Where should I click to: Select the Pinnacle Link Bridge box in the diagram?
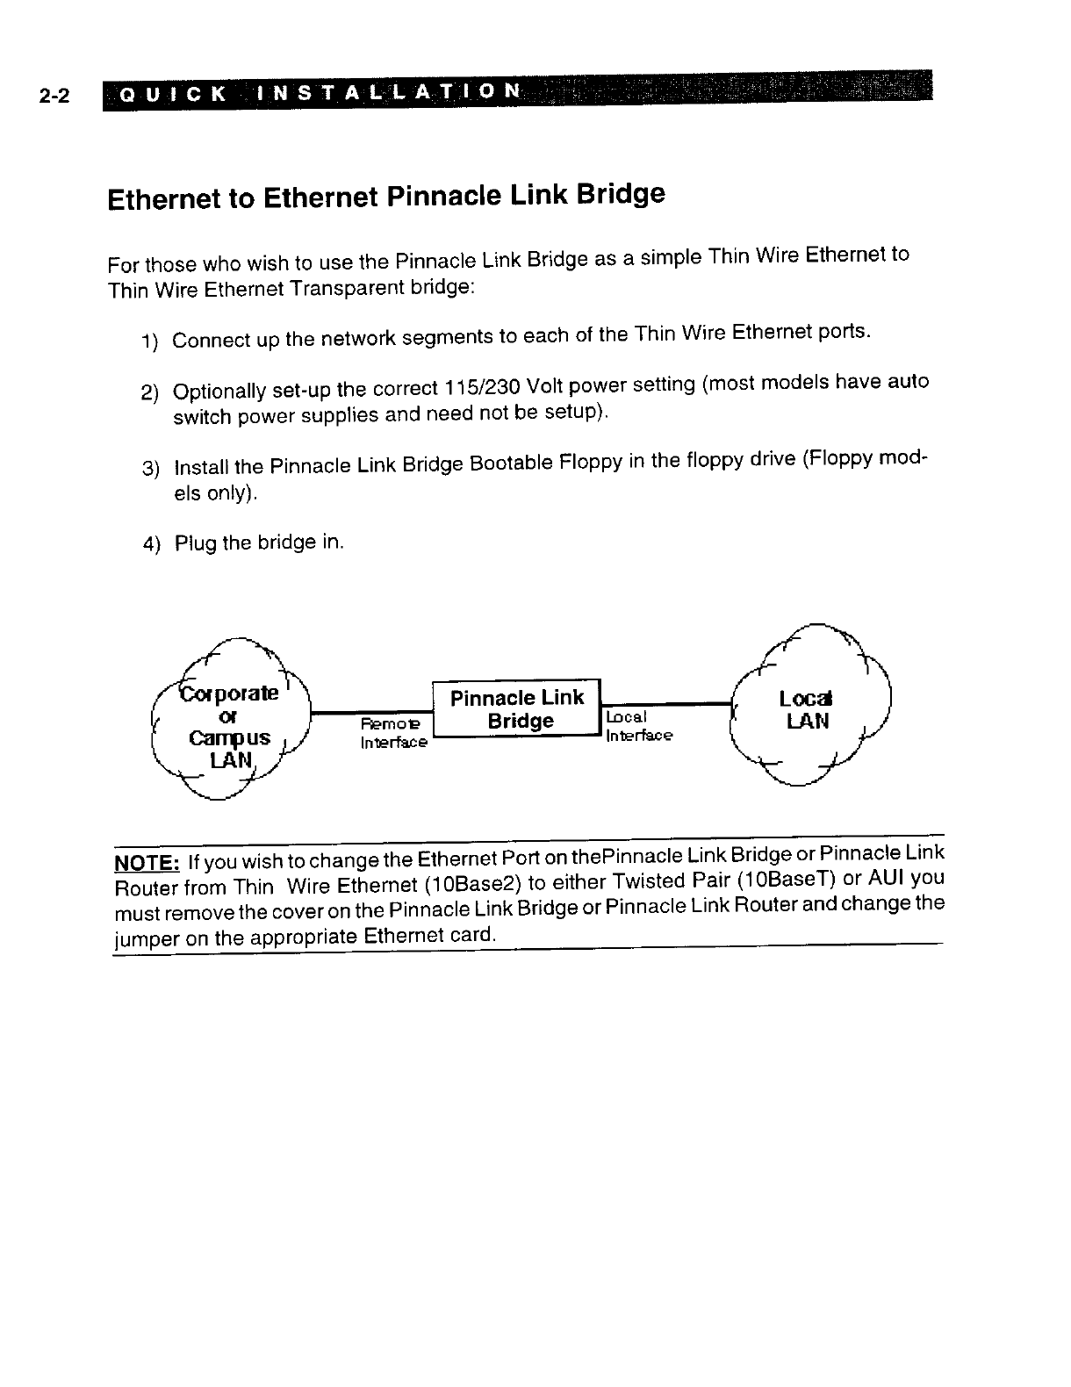coord(517,709)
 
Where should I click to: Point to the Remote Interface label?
coord(392,733)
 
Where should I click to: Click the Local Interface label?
coord(638,726)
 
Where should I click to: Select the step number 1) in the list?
coord(149,341)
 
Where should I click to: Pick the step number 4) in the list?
coord(152,545)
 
